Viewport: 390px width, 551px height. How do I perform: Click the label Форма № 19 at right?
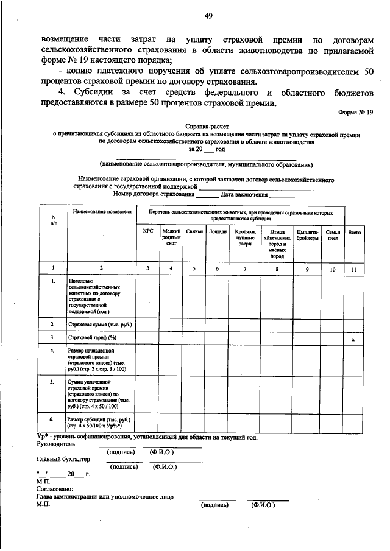click(x=356, y=113)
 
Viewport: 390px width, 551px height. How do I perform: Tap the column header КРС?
click(x=148, y=232)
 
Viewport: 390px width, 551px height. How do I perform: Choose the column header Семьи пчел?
click(x=333, y=235)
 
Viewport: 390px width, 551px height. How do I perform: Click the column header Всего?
click(x=353, y=232)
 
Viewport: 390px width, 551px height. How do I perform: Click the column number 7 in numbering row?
click(x=245, y=268)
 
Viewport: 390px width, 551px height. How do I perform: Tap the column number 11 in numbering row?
click(x=353, y=268)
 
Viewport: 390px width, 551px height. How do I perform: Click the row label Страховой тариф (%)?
click(x=91, y=337)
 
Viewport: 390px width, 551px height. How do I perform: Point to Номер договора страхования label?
click(x=154, y=195)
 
